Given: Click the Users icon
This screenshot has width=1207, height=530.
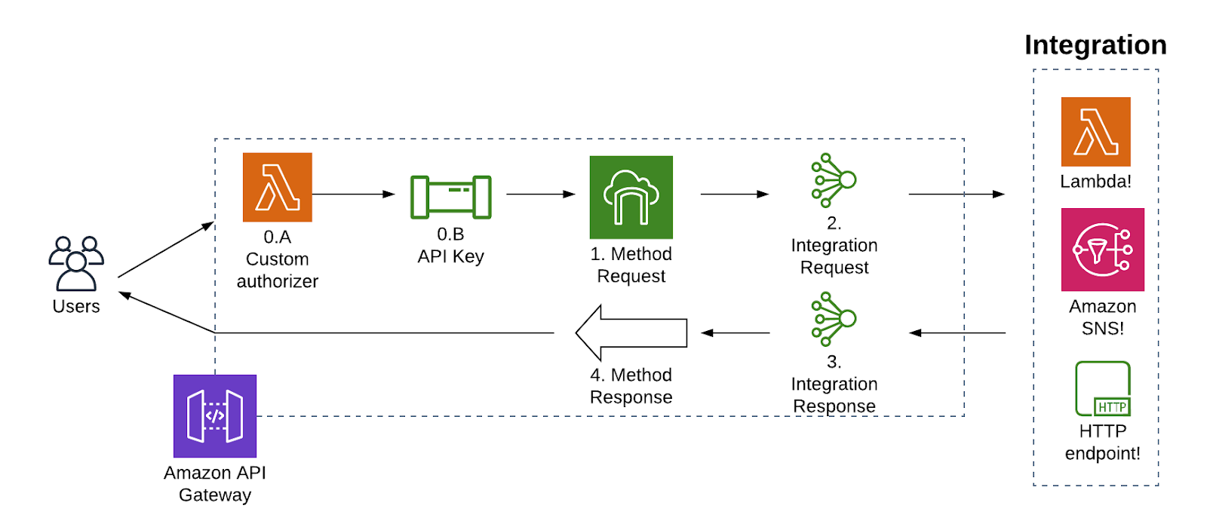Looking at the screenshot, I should (76, 263).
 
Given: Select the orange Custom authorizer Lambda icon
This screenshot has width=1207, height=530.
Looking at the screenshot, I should (277, 187).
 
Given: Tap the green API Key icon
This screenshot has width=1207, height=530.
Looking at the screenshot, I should (450, 197).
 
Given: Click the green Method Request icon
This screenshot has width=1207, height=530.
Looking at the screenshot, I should (631, 197).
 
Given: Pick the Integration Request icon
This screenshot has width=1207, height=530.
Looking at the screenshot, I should (833, 180).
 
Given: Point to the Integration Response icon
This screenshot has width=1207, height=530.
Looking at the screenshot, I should (833, 319).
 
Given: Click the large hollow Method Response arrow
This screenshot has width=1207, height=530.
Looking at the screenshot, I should (631, 332).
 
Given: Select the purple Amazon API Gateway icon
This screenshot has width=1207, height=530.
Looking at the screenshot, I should (215, 415).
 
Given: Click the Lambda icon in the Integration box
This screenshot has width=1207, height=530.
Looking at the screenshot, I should (1095, 131).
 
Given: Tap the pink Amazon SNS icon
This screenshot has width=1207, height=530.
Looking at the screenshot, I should (1102, 250).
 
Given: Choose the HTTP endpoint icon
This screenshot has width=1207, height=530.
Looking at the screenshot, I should (1102, 389).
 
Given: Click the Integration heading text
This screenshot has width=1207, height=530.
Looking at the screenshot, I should (1095, 45).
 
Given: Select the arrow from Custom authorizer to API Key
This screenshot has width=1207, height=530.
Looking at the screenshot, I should (353, 194).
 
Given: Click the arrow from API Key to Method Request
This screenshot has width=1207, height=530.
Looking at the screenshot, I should (540, 194).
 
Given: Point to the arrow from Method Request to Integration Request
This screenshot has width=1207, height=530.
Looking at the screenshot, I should (734, 194).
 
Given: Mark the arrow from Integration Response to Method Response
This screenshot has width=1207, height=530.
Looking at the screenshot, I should (736, 332).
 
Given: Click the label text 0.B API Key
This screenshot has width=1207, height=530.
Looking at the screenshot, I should (450, 246).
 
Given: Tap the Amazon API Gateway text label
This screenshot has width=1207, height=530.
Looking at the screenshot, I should (215, 484).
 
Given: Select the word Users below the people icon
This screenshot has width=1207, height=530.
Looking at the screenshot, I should (76, 306).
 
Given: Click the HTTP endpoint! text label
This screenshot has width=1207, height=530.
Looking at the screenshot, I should (1102, 442).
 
